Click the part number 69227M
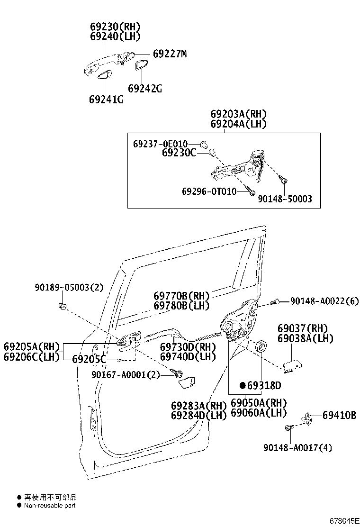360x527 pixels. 170,54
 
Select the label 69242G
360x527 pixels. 144,88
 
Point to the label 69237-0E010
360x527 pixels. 160,144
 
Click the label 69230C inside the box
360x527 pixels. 179,153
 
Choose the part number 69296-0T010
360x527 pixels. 209,191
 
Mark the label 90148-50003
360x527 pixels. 285,199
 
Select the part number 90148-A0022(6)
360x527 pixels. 324,300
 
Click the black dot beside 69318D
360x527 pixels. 242,385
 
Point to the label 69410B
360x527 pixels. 339,415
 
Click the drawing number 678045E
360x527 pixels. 344,521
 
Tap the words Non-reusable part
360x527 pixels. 50,505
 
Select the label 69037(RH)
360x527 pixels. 303,328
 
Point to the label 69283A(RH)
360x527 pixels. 199,405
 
